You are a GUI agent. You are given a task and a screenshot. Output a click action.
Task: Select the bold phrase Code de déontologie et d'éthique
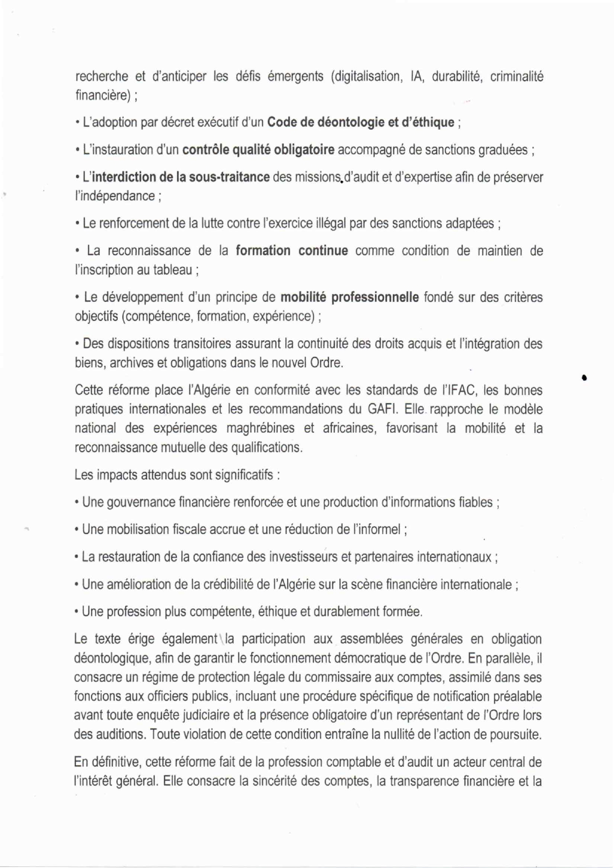360,122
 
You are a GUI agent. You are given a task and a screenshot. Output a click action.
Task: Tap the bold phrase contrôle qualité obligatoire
258,150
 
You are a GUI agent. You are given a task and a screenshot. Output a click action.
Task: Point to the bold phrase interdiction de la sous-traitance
181,177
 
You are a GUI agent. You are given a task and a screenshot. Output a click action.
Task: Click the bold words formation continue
292,251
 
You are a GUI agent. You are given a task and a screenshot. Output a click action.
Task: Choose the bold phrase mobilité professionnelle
349,298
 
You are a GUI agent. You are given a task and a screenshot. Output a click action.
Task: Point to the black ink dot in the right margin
585,378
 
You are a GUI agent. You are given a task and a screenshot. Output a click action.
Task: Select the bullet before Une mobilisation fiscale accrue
77,530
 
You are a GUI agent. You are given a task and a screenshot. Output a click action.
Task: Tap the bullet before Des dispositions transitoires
77,344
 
